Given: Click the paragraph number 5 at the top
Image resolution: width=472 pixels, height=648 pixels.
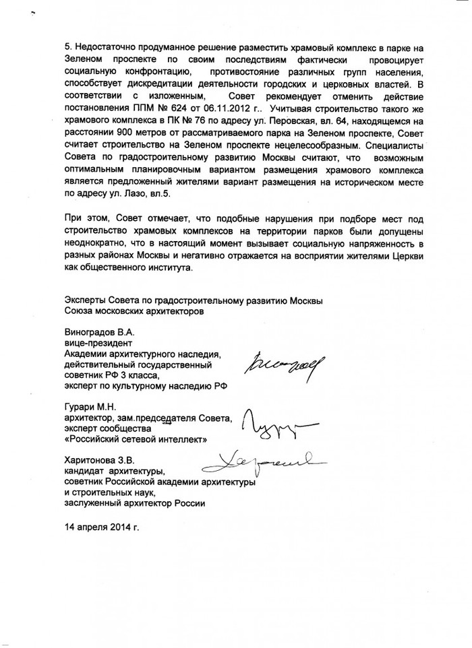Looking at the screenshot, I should pyautogui.click(x=67, y=48).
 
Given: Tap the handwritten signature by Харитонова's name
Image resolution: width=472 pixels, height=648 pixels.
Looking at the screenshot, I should pyautogui.click(x=263, y=460).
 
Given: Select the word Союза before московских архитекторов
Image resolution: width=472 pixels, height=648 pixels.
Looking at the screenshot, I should pyautogui.click(x=80, y=311).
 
